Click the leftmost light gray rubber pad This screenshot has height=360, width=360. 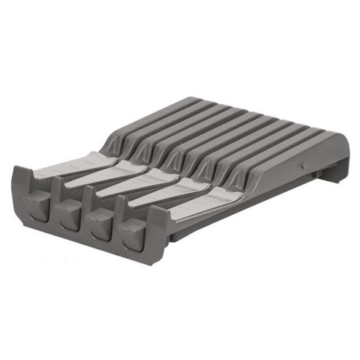pos(70,166)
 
